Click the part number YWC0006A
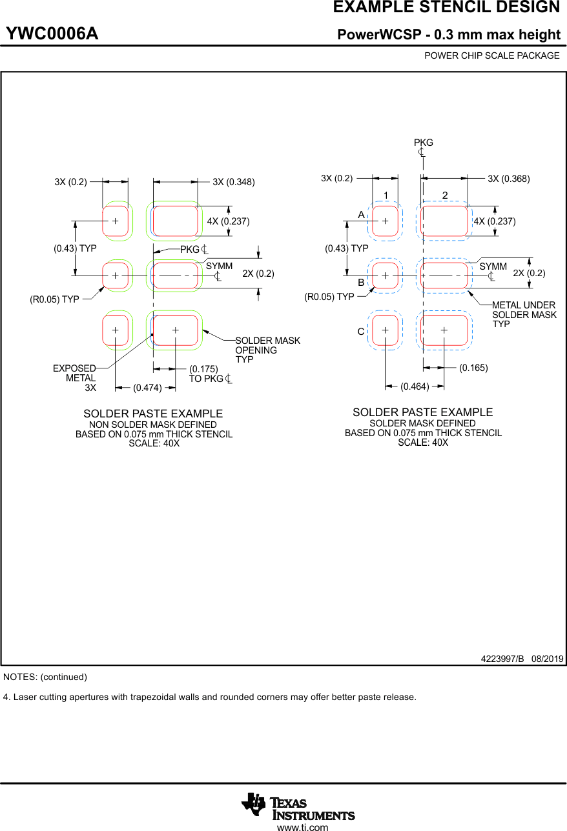click(x=52, y=34)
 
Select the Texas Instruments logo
click(x=298, y=805)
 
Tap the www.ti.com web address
click(x=302, y=826)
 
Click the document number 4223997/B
click(x=502, y=659)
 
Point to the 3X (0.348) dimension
click(x=234, y=182)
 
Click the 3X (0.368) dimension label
click(x=509, y=179)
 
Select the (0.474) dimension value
click(x=147, y=388)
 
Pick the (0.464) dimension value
click(x=415, y=386)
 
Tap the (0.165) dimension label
click(x=473, y=368)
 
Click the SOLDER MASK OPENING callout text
click(x=267, y=350)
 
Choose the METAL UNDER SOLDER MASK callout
click(x=523, y=314)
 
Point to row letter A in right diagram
click(x=362, y=214)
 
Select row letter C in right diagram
click(x=361, y=332)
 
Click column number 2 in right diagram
click(x=445, y=195)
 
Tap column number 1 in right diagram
click(x=386, y=195)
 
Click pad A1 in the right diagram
click(x=385, y=221)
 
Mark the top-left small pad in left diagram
click(x=116, y=221)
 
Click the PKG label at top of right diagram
click(x=423, y=143)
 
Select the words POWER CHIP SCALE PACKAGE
click(x=491, y=55)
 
